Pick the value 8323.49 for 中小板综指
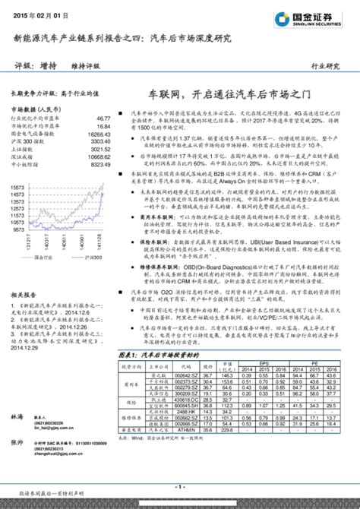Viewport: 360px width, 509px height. point(99,163)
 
